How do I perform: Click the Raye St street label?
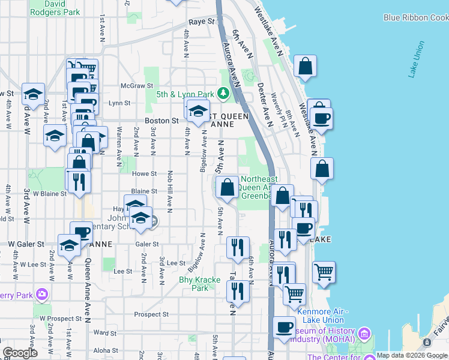[202, 22]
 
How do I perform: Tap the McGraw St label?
[134, 86]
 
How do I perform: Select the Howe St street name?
[144, 173]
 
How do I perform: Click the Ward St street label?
[104, 332]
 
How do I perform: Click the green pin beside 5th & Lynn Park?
[223, 93]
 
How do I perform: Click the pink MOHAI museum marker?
[363, 334]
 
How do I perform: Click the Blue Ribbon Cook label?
[415, 17]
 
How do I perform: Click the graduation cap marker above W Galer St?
[70, 245]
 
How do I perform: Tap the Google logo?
[20, 352]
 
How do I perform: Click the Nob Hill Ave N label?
[170, 198]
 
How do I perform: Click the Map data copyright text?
[412, 355]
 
